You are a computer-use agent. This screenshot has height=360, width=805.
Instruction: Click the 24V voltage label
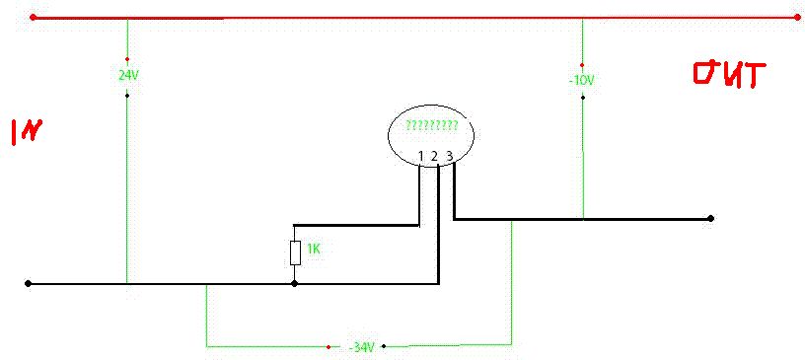coord(129,76)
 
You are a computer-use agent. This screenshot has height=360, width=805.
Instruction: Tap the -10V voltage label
coord(582,81)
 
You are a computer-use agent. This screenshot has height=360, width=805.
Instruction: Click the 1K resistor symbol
coord(295,252)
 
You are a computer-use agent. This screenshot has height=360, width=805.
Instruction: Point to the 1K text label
coord(314,250)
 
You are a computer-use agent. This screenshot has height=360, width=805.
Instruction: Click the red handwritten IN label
coord(26,132)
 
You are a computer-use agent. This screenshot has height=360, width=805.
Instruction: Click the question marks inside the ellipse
coord(431,126)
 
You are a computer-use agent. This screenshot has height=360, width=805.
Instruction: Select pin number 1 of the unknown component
coord(420,156)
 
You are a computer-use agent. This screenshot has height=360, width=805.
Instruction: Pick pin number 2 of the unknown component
coord(434,156)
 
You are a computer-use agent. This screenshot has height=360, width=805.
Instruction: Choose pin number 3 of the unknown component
coord(449,155)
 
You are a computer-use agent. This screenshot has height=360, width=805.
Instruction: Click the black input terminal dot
coord(28,283)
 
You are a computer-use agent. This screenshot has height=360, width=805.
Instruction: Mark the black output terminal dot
coord(710,218)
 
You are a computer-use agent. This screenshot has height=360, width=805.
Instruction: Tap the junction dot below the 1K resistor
coord(294,283)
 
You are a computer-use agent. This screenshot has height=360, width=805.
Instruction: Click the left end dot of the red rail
coord(34,18)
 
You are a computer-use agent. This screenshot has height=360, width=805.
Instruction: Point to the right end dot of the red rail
coord(798,18)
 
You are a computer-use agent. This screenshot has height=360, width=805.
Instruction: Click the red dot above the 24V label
coord(127,59)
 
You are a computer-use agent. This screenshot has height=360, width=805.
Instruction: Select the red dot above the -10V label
coord(582,65)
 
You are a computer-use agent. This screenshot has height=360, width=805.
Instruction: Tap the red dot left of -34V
coord(329,347)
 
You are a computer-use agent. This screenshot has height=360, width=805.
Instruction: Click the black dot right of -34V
coord(384,346)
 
